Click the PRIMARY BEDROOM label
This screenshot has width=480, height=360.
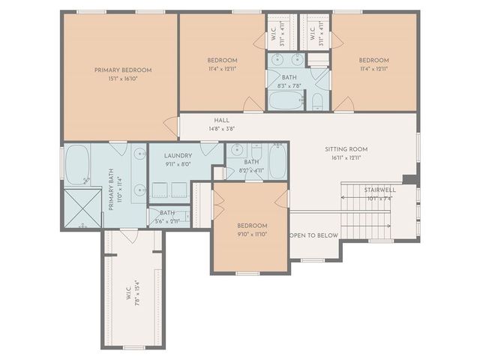122,70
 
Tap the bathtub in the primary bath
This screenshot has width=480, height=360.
77,165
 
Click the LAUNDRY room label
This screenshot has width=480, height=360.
178,155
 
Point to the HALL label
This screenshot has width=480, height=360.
221,120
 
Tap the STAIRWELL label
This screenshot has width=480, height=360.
379,190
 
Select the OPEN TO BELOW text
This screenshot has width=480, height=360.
314,235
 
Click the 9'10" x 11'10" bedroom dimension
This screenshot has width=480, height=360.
251,234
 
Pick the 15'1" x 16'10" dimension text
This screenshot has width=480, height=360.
122,79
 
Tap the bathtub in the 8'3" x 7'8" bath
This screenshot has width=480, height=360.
286,101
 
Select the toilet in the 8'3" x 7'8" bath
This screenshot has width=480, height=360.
317,100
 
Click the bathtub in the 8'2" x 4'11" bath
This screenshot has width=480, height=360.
277,161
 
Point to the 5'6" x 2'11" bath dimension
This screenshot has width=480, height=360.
166,221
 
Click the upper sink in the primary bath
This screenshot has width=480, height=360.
140,154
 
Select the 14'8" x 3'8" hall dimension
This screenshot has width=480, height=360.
221,129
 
